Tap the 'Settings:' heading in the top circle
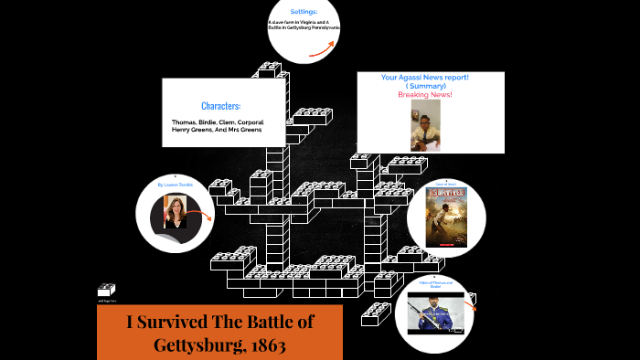pos(304,12)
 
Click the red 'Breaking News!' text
pos(425,95)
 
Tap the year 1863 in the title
pos(260,346)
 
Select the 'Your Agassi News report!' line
pos(425,78)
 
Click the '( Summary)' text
pos(425,86)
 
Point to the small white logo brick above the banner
pos(105,291)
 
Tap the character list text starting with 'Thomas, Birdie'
pos(217,125)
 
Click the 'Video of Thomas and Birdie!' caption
pos(436,285)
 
